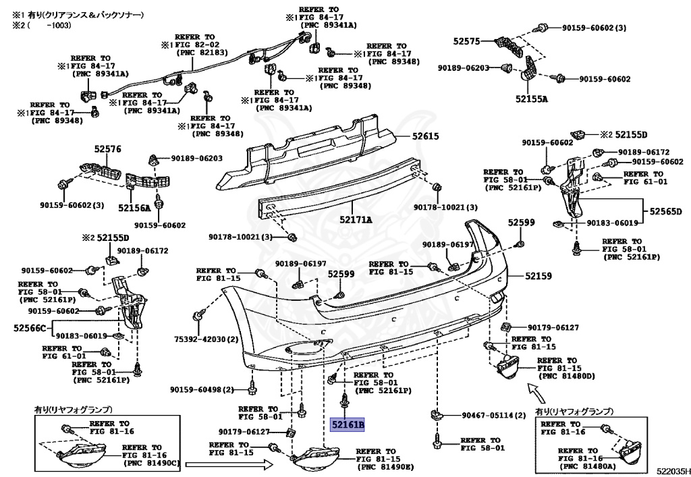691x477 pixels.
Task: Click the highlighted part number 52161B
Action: point(347,425)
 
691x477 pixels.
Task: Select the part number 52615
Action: point(426,136)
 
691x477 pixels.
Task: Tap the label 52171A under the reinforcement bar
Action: point(356,219)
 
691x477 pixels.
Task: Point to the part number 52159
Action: point(520,275)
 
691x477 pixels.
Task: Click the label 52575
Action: point(466,42)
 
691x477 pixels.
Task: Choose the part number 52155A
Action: point(532,99)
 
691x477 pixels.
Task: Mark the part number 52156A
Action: point(134,208)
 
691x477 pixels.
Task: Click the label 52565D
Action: point(667,212)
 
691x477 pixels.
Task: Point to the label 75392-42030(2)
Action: point(206,340)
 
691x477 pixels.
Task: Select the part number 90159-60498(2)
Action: point(202,390)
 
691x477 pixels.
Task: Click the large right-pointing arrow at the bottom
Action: point(229,464)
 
